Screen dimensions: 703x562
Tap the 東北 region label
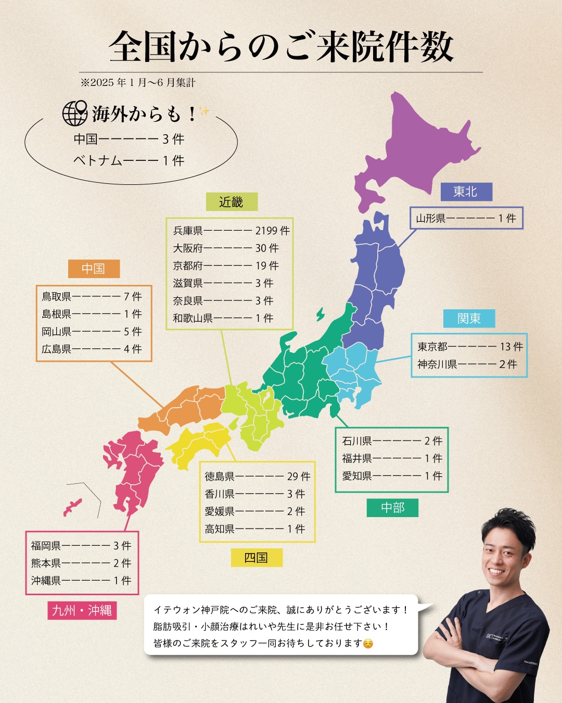click(x=466, y=192)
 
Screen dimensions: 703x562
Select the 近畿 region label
click(x=231, y=202)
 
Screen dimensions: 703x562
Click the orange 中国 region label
click(x=94, y=269)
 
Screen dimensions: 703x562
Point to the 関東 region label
click(x=469, y=319)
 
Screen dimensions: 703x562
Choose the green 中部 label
click(x=392, y=508)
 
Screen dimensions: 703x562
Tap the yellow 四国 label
click(x=256, y=558)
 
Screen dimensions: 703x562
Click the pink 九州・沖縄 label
click(x=82, y=610)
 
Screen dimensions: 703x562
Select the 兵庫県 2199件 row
click(x=231, y=231)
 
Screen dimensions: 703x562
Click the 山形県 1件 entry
click(x=466, y=219)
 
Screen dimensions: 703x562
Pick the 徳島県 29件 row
click(x=257, y=476)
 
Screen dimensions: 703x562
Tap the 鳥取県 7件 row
click(x=92, y=297)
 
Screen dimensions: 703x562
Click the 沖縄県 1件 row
click(x=81, y=581)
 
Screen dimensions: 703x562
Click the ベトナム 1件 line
click(x=129, y=160)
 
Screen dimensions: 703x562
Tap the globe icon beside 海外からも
click(x=74, y=113)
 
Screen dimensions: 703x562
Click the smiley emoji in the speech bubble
click(x=368, y=644)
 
